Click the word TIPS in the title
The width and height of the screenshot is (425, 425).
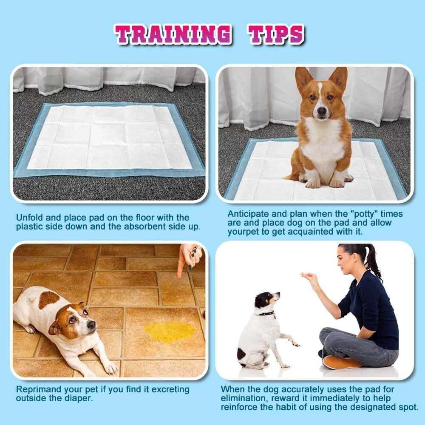coord(277,34)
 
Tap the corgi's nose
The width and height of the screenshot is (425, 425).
coord(322,111)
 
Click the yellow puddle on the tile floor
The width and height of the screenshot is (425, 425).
coord(169,331)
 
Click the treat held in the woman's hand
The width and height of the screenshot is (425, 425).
coord(303,275)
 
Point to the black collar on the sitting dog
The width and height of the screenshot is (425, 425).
coord(266,314)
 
